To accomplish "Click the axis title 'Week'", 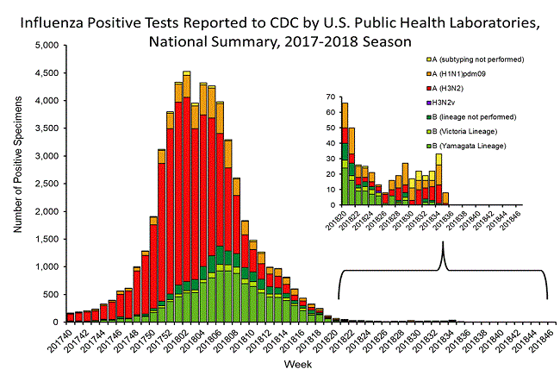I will click(x=300, y=365).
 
